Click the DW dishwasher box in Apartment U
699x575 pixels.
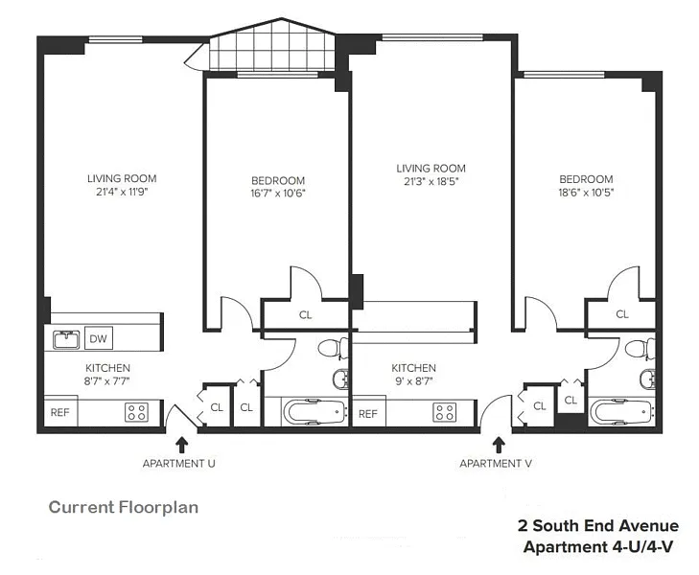99,338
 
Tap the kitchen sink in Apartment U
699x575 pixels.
66,339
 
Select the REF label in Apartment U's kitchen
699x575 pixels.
59,412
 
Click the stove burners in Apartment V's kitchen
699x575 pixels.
445,412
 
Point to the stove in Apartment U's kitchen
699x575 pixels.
136,412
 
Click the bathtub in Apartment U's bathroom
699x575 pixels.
315,412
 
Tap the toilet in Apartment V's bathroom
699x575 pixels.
641,347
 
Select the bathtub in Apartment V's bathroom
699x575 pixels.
622,412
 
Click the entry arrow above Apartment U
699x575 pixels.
181,445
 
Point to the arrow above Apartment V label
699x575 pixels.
499,445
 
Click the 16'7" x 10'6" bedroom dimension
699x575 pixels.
278,194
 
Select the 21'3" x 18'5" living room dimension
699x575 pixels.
431,181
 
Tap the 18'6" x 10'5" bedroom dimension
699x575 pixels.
586,193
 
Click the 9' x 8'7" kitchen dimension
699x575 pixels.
413,381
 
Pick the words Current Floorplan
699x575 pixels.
124,507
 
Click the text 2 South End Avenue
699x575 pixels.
598,525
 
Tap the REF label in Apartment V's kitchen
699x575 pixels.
368,414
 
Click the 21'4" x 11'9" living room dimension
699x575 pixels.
122,192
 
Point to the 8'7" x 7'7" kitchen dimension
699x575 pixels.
107,381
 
